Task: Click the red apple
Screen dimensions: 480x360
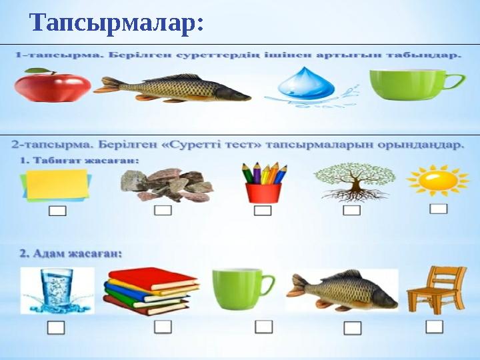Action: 53,85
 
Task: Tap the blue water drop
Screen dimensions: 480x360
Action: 306,83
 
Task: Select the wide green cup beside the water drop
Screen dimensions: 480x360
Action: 417,85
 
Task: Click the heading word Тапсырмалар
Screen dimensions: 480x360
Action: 116,23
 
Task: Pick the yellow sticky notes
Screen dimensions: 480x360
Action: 56,185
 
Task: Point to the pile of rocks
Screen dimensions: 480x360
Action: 167,185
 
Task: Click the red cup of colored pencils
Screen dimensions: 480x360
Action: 264,183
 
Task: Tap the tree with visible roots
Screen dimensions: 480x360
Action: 355,182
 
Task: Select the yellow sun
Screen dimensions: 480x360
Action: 438,180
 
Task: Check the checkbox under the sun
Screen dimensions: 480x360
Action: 439,209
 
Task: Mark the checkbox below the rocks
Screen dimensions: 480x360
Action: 163,210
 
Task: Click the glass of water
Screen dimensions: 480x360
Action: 57,291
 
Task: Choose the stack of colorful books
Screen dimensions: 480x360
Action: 151,291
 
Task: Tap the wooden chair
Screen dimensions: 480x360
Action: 437,291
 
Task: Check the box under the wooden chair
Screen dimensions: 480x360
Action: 434,327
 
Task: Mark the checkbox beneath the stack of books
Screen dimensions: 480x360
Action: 163,327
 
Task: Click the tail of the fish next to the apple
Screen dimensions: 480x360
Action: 107,85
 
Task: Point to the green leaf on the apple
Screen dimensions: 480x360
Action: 37,71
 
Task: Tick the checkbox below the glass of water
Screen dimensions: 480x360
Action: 56,327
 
